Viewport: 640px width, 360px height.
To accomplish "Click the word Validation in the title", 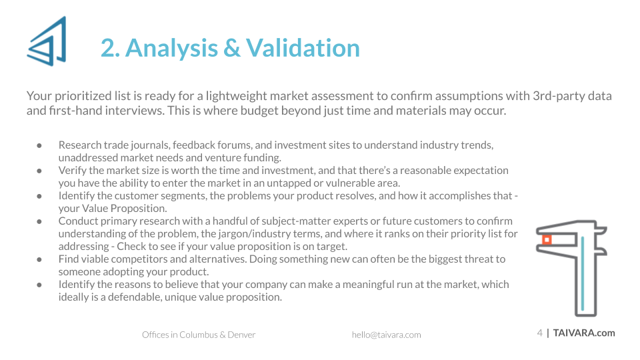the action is pos(303,48).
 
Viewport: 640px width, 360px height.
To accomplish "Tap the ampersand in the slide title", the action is pos(232,48).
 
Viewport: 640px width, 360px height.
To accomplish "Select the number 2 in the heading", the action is pos(108,48).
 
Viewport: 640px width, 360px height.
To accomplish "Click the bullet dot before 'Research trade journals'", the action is pos(39,145).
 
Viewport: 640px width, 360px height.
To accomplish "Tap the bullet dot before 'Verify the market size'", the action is pos(39,171).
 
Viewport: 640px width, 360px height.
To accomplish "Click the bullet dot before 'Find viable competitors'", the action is pos(39,259).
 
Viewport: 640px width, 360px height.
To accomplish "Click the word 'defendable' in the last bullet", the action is pos(134,297).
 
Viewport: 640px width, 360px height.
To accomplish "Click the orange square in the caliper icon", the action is pos(547,239).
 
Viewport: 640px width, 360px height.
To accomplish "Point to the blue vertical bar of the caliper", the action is pos(583,273).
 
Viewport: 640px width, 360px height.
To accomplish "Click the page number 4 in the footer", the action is pos(539,333).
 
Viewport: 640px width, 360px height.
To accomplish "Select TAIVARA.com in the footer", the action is pos(584,333).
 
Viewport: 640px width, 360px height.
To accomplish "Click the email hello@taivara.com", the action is pos(386,335).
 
